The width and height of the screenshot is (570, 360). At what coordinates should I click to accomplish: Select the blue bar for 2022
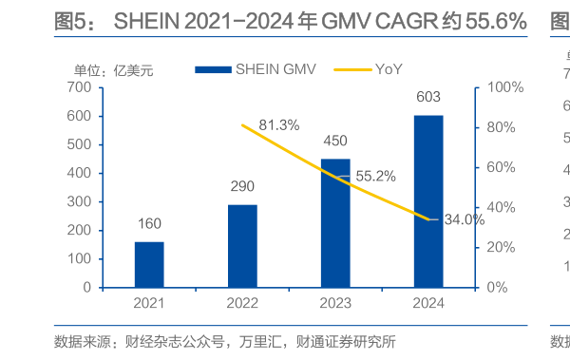pos(242,245)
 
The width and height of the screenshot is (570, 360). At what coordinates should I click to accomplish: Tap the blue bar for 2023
pos(335,222)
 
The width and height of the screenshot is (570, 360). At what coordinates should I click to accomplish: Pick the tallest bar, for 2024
pos(428,200)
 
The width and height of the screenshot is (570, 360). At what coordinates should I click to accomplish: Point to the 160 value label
pos(149,225)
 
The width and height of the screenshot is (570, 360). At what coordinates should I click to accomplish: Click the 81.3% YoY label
pos(278,124)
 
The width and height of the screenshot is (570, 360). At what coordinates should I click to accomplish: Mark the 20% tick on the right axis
pos(502,247)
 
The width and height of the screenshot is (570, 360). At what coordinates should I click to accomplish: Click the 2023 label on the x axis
pos(335,303)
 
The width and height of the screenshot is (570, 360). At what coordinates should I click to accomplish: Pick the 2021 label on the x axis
pos(149,303)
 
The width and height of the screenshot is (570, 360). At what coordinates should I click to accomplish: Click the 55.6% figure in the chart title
pos(494,21)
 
